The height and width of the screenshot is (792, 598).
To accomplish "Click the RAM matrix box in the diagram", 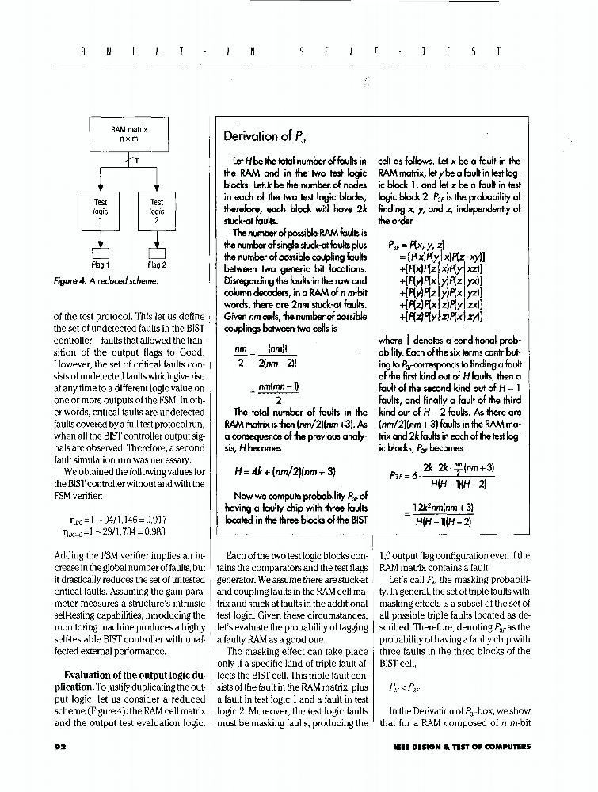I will (x=128, y=133).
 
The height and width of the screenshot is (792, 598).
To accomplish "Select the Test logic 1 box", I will (x=101, y=212).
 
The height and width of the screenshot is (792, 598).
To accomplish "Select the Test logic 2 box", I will (x=156, y=212).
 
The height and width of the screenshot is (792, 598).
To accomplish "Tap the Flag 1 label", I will (x=101, y=265).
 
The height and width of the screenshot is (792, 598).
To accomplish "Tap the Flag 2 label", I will (x=156, y=265).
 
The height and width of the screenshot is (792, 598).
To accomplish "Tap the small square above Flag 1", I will (x=101, y=251).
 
